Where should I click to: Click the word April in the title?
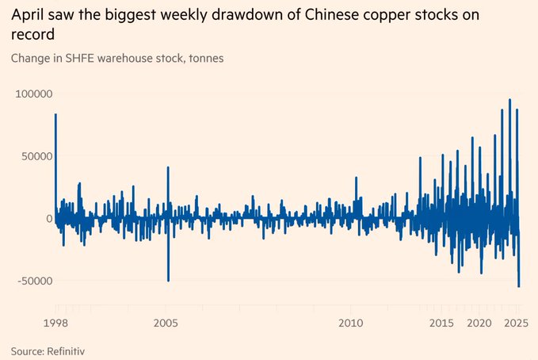pyautogui.click(x=29, y=16)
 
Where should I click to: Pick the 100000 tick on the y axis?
pyautogui.click(x=33, y=94)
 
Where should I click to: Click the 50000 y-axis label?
pyautogui.click(x=36, y=156)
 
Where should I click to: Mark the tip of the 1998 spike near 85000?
pyautogui.click(x=55, y=114)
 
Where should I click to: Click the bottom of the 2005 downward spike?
pyautogui.click(x=168, y=280)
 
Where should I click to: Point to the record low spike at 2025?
pyautogui.click(x=519, y=286)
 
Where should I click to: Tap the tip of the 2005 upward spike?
pyautogui.click(x=168, y=167)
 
